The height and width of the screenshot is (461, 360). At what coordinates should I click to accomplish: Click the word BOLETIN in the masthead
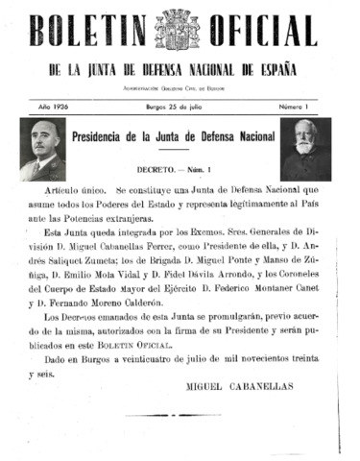tap(86, 30)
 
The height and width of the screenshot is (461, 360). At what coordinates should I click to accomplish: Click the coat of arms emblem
tap(177, 29)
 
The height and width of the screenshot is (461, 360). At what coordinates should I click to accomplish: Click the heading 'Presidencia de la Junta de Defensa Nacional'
tap(174, 136)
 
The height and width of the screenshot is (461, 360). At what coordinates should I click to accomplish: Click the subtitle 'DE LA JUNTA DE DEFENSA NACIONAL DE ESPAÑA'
tap(173, 70)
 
